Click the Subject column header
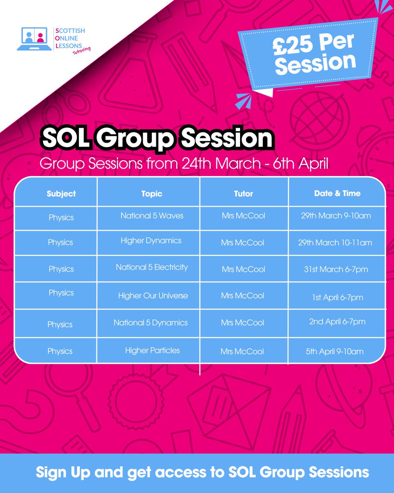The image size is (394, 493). (x=61, y=194)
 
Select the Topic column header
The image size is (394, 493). (x=151, y=194)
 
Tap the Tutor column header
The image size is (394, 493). (x=243, y=194)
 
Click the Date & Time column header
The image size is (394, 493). (x=337, y=193)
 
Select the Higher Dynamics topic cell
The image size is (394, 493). (x=151, y=241)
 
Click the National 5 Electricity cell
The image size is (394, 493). (x=151, y=267)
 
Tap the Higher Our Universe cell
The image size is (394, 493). (x=153, y=296)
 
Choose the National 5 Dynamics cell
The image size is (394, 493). (x=151, y=323)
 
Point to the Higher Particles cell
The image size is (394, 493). (x=152, y=350)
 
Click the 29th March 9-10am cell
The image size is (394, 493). (x=336, y=216)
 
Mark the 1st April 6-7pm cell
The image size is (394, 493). (x=337, y=297)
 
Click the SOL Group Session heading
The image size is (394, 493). (x=156, y=139)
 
